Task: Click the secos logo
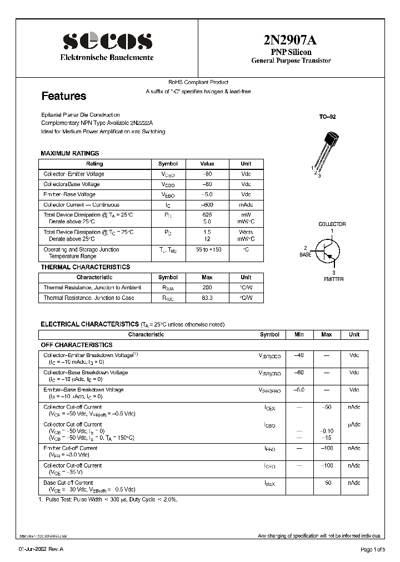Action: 107,41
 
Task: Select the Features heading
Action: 64,96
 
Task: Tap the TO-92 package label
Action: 327,117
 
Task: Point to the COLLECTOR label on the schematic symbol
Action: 332,224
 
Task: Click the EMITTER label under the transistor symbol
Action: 333,279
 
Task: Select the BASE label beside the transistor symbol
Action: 306,254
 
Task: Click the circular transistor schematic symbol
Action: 328,252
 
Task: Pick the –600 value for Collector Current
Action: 207,205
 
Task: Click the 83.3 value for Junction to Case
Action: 207,298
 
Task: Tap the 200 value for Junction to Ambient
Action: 207,288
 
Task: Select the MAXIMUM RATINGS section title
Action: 70,153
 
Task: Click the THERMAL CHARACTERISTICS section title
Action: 86,267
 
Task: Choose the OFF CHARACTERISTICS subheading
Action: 77,345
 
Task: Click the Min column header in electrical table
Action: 299,335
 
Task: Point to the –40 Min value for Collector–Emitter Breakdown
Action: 299,355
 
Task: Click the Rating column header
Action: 94,164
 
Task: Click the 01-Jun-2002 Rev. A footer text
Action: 41,550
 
